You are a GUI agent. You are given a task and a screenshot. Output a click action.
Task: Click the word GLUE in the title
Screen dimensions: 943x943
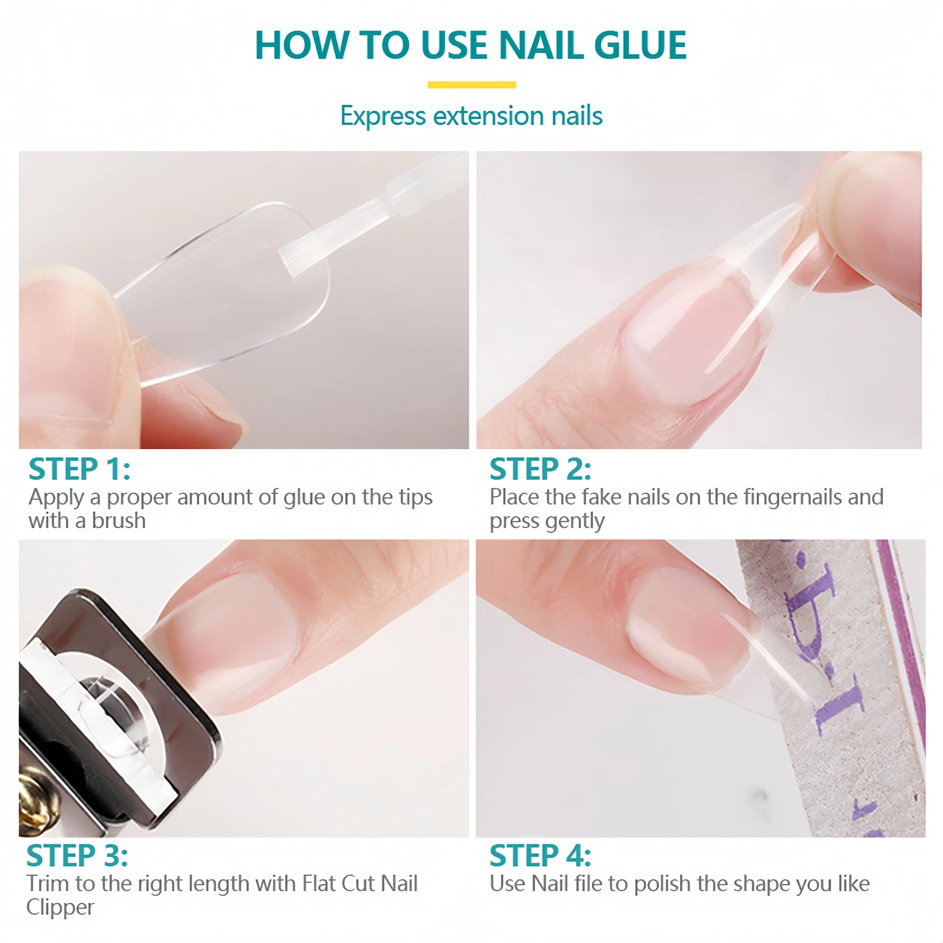pyautogui.click(x=640, y=46)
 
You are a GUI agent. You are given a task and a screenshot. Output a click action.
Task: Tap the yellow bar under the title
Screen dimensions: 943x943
pyautogui.click(x=471, y=85)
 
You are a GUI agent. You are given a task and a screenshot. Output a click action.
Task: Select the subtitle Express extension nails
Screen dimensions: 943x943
pyautogui.click(x=471, y=116)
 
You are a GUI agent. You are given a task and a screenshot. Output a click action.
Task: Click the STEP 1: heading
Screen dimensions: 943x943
pyautogui.click(x=80, y=469)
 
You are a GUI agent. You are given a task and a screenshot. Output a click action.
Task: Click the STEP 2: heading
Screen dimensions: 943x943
pyautogui.click(x=540, y=469)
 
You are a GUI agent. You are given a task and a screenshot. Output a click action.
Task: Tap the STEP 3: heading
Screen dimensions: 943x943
pyautogui.click(x=77, y=856)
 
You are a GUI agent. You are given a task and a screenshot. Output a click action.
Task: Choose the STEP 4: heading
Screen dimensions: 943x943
pyautogui.click(x=540, y=856)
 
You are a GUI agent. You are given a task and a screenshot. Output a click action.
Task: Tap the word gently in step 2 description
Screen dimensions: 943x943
pyautogui.click(x=575, y=521)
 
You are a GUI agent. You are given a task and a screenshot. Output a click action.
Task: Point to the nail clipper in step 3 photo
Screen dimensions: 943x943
pyautogui.click(x=111, y=711)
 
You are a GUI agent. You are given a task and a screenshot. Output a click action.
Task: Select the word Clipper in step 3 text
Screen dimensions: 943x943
pyautogui.click(x=60, y=907)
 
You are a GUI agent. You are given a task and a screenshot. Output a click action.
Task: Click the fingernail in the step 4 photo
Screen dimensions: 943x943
pyautogui.click(x=685, y=626)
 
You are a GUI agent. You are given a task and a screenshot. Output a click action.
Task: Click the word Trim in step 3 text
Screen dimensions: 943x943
pyautogui.click(x=48, y=884)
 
